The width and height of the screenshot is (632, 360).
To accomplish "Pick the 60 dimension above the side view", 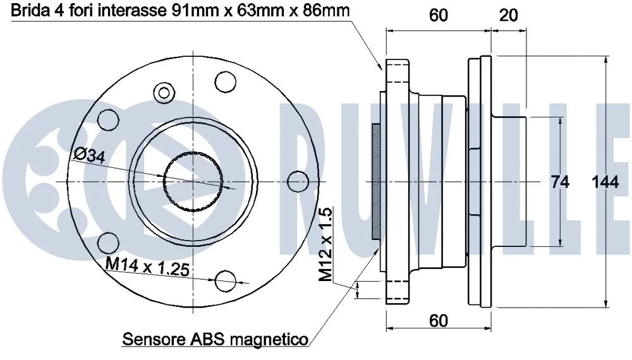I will pos(438,15).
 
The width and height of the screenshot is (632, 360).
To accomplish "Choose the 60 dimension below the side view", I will pos(438,320).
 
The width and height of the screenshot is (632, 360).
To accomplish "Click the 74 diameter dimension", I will pos(560,182).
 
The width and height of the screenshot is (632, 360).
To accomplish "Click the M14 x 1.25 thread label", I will pos(147,267).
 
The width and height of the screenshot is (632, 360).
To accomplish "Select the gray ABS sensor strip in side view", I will pos(376,181).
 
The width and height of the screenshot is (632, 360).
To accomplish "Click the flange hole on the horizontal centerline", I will pos(296,182).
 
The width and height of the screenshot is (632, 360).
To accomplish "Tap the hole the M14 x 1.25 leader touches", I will pos(224,280).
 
